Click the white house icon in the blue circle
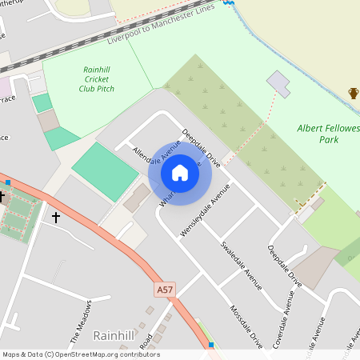tap(180, 173)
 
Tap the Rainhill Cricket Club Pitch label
tap(97, 79)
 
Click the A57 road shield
tap(165, 289)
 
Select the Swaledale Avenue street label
tap(242, 263)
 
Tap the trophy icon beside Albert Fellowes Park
tap(354, 94)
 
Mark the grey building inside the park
tap(279, 82)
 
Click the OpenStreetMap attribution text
tap(81, 354)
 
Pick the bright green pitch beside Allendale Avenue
tap(105, 171)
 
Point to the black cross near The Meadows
tap(56, 217)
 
